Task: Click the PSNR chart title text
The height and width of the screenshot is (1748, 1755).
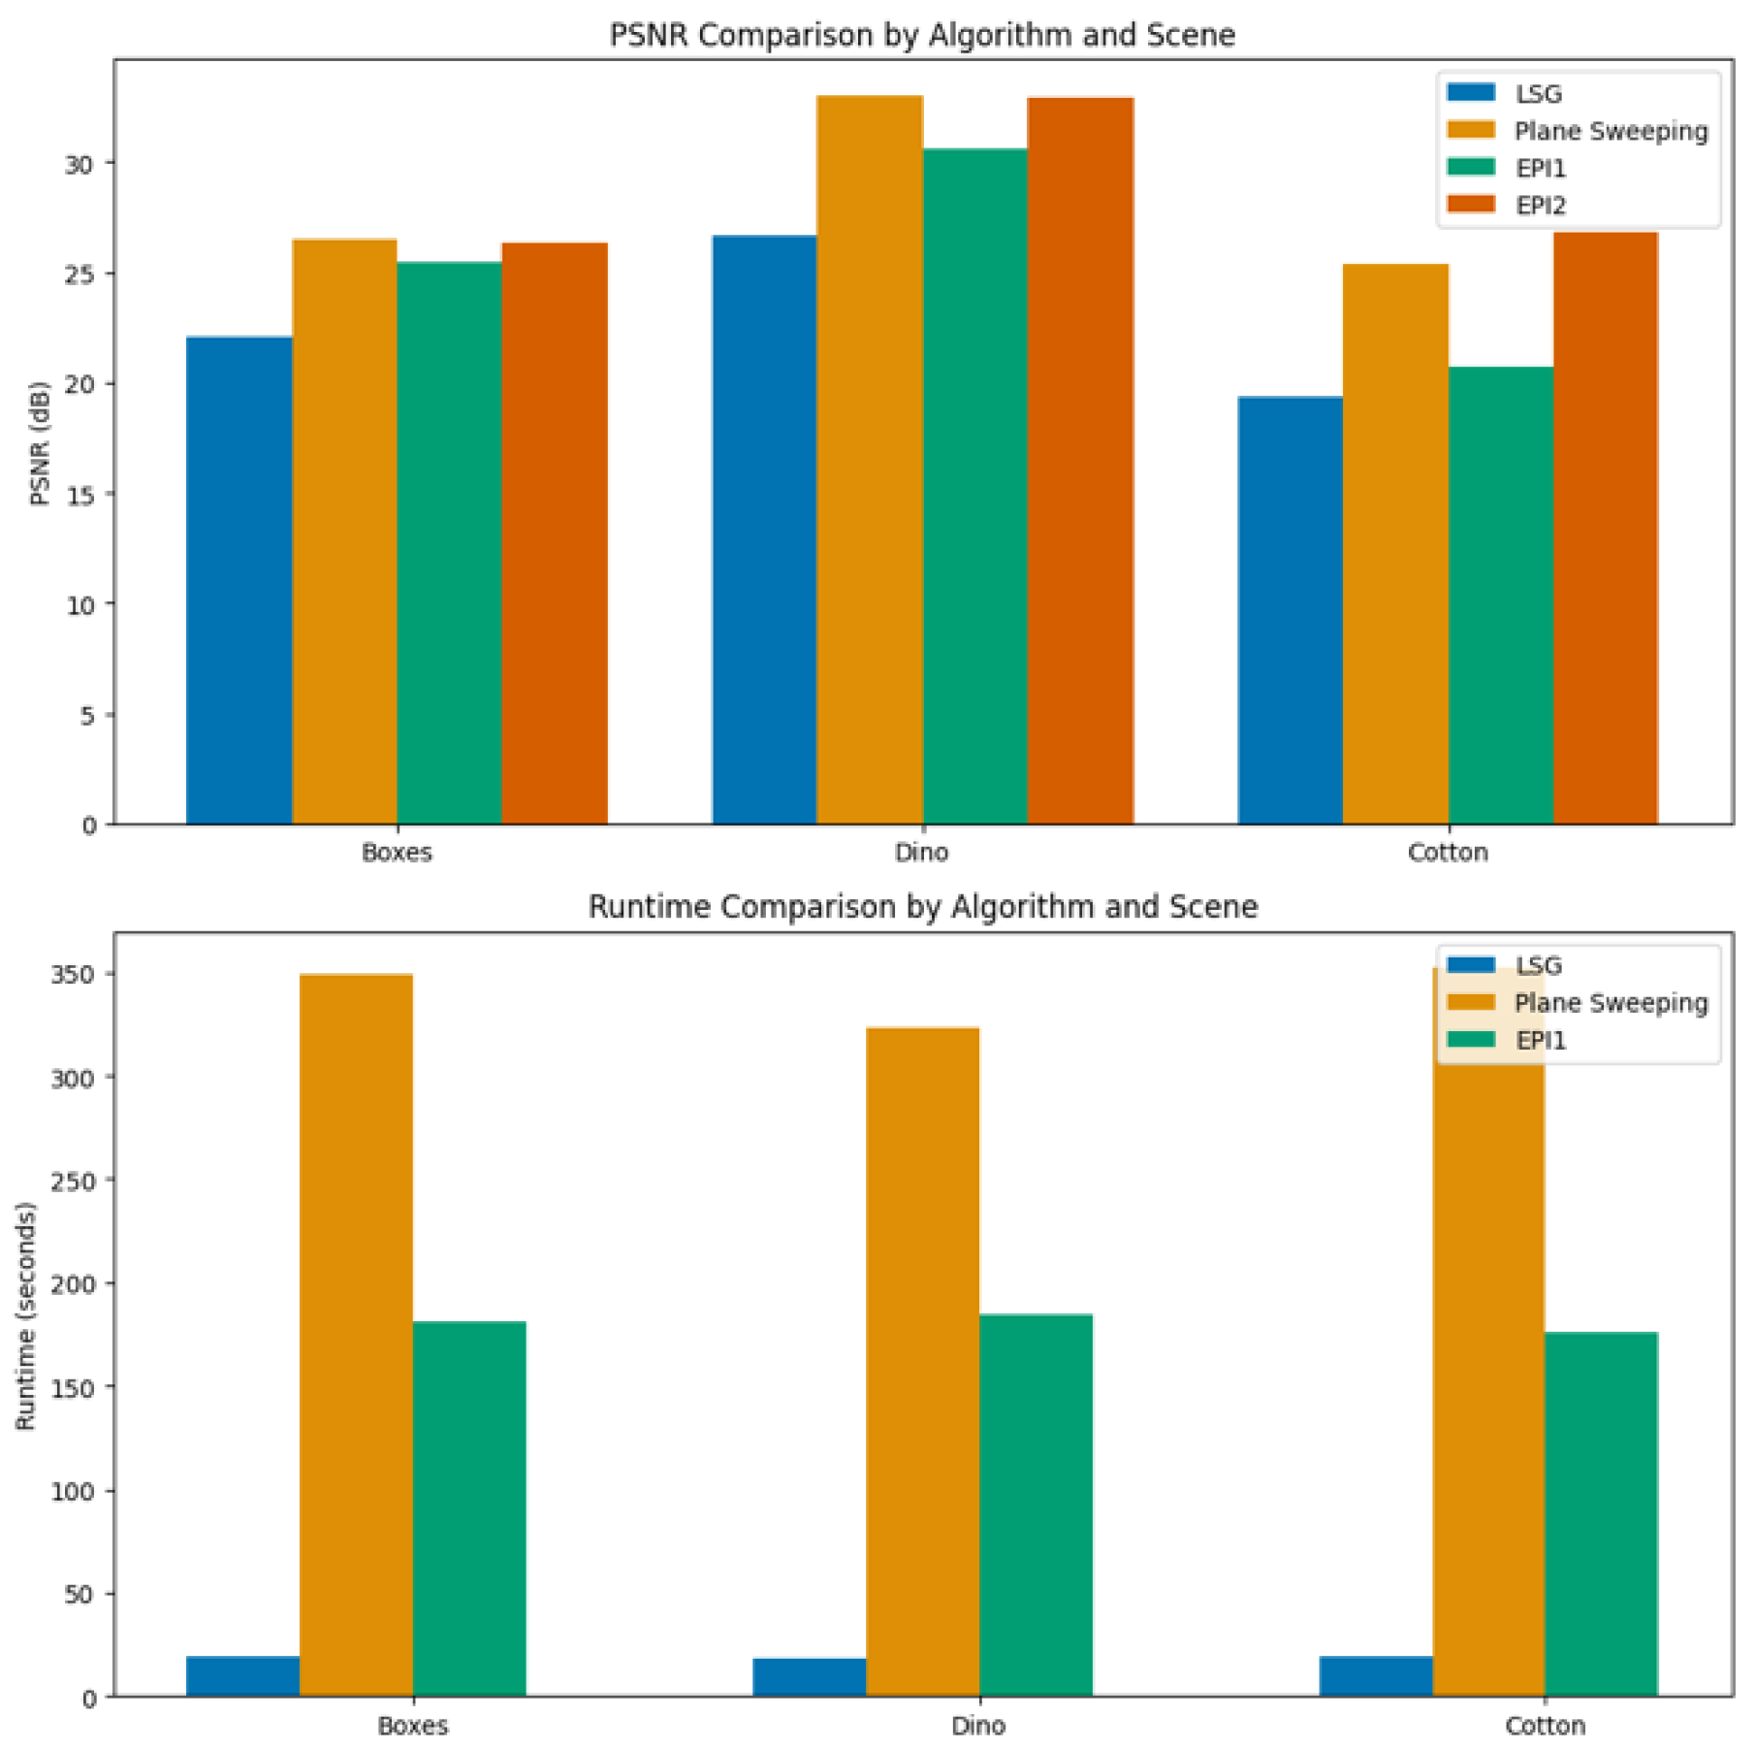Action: [922, 35]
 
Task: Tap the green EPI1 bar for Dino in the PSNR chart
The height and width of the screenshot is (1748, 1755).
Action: [974, 485]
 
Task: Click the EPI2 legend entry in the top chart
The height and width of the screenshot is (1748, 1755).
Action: [1541, 206]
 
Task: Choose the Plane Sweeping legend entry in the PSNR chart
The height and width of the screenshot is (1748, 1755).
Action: [1611, 131]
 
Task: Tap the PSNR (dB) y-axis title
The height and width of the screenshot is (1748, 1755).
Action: [40, 443]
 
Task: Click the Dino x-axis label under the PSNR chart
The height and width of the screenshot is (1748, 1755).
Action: [921, 853]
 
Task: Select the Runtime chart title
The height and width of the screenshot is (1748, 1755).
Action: [922, 907]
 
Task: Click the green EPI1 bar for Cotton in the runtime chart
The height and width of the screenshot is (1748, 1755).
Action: [1601, 1514]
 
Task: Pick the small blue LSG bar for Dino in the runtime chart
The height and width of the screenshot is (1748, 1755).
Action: [809, 1677]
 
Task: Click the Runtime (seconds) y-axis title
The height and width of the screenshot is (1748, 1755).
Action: [25, 1316]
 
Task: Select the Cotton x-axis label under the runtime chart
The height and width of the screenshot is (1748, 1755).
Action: [1545, 1726]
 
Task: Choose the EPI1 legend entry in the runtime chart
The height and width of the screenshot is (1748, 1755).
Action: [1541, 1041]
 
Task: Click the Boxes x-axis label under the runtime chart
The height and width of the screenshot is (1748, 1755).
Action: [412, 1726]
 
